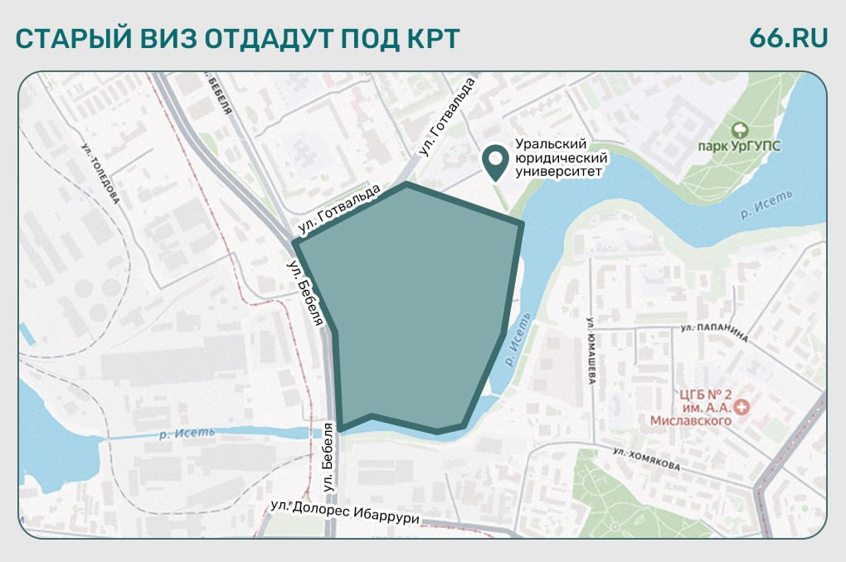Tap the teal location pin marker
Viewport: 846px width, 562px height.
(496, 162)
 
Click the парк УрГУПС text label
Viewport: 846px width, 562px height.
(739, 148)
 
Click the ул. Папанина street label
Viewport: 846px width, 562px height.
(714, 332)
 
